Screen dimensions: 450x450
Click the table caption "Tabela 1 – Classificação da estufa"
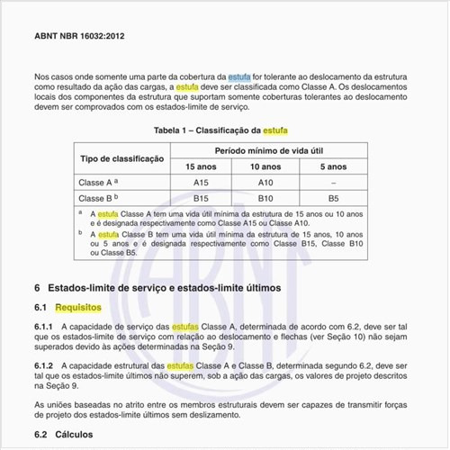tap(221, 130)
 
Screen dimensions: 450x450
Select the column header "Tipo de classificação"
tap(122, 158)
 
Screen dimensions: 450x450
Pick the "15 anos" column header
tap(201, 166)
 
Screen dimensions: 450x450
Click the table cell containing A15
tap(201, 182)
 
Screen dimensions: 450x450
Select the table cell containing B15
tap(201, 198)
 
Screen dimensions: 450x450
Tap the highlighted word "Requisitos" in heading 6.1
tap(78, 308)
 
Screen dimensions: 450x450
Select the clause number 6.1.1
tap(45, 326)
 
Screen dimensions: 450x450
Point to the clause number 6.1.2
tap(45, 367)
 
